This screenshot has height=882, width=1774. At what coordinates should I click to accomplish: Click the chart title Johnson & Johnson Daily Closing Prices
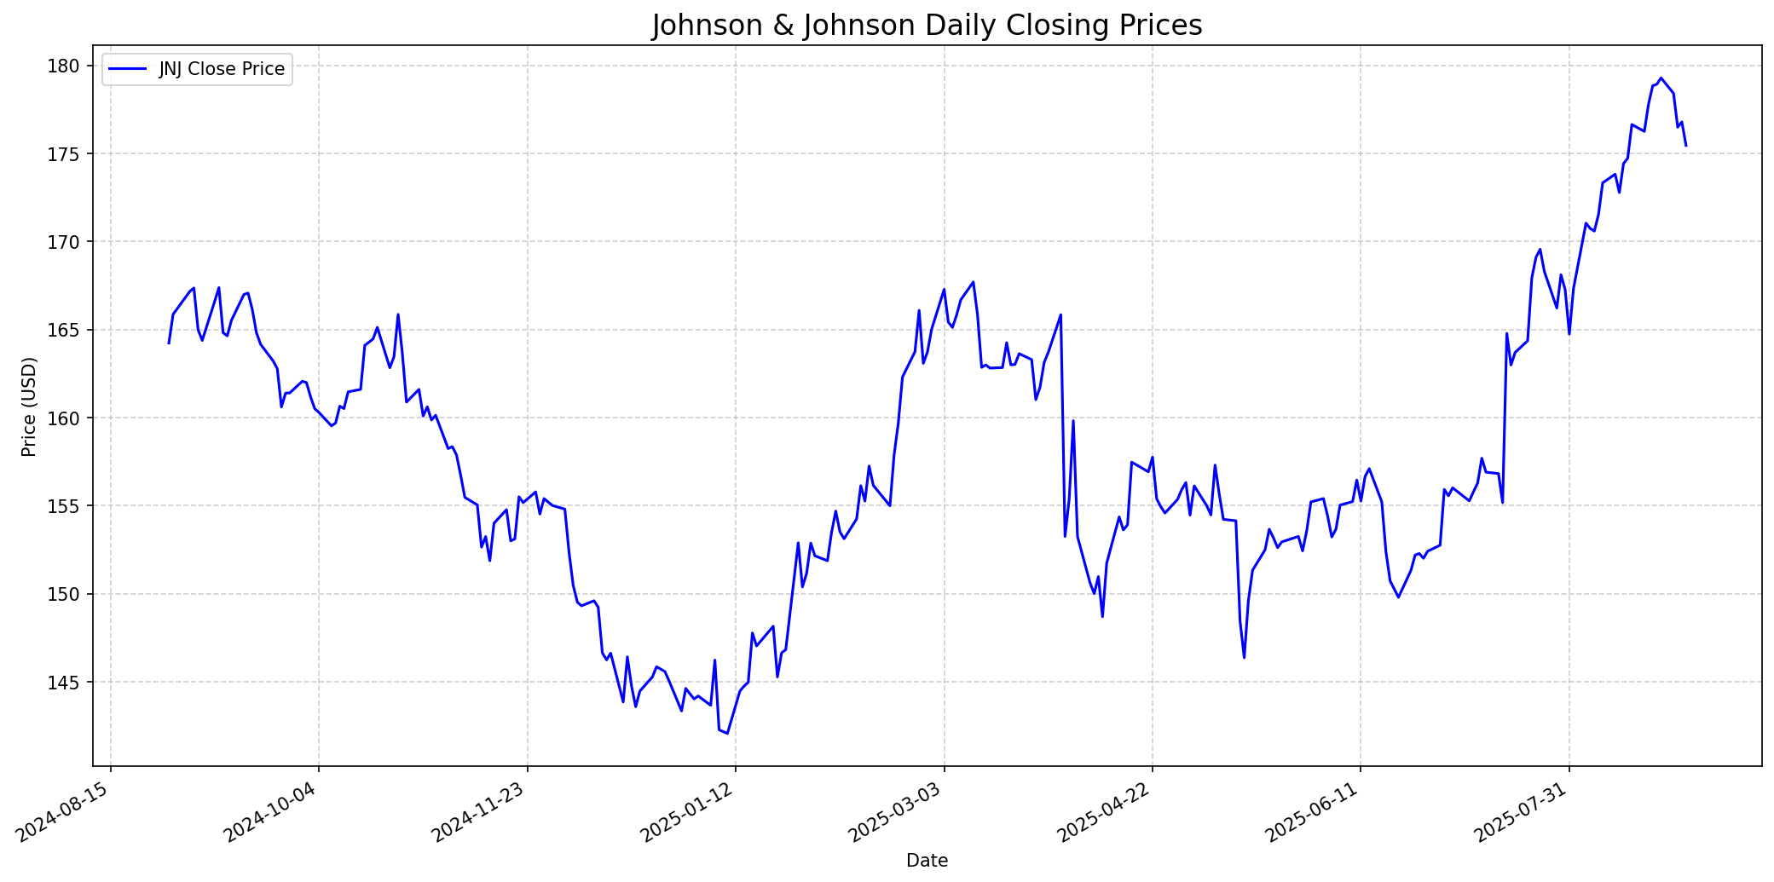pyautogui.click(x=927, y=26)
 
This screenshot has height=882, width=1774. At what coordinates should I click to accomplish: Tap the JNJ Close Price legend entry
pyautogui.click(x=222, y=69)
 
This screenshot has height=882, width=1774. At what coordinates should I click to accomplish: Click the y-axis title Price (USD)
pyautogui.click(x=30, y=406)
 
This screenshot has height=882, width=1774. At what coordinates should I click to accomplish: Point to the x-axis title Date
pyautogui.click(x=927, y=861)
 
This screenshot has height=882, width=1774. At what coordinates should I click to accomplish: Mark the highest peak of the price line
pyautogui.click(x=1661, y=78)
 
